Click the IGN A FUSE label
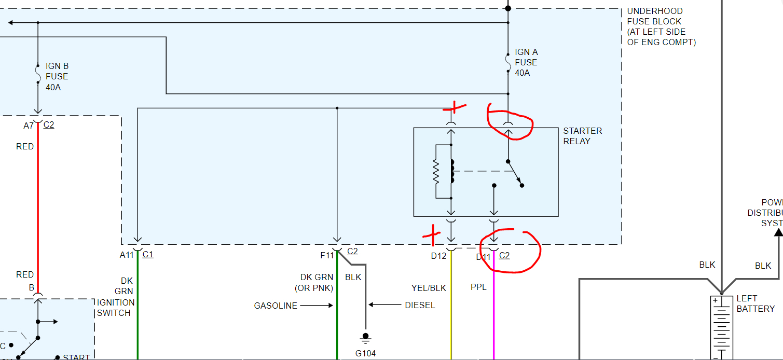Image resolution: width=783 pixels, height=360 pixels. pos(526,62)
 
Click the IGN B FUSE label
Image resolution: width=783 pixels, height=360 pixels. pos(57,76)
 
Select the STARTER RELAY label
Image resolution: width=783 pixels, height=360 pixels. pos(583,136)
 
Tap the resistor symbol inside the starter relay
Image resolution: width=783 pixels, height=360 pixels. pos(436,172)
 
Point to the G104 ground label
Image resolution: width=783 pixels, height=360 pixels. pos(365,353)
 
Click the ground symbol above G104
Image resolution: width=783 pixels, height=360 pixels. pos(365,338)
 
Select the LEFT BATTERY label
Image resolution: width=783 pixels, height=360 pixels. pos(755,303)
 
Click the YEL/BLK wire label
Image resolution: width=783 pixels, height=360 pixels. pos(428,288)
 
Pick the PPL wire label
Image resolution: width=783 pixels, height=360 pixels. pos(478,286)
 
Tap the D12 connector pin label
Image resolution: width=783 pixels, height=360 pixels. pos(438,256)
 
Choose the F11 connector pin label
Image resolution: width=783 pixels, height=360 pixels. pos(327,255)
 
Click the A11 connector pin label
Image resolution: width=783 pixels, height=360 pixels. pos(127,255)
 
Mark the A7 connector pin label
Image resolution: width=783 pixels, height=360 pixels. pos(29,126)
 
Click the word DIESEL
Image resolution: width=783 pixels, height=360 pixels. pos(420,305)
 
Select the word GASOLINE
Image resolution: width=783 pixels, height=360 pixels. pos(276,306)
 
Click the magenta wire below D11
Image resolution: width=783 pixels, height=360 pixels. pos(493,311)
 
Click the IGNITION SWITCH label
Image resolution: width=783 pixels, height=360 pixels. pos(116,308)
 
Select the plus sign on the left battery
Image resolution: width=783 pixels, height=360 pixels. pos(715,301)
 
